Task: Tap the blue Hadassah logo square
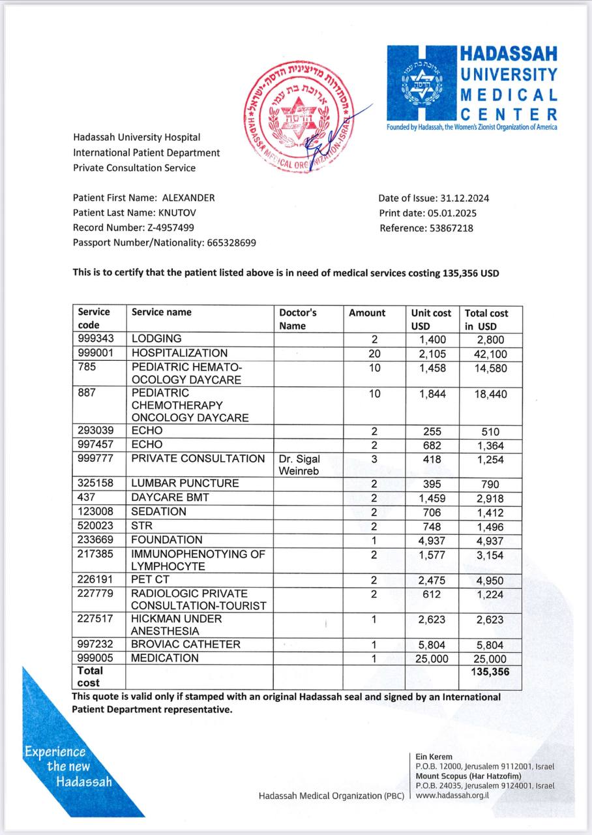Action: (421, 83)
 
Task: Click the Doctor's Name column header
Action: (298, 319)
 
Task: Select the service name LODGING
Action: (156, 339)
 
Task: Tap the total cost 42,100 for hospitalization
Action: (484, 354)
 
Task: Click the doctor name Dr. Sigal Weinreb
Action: (299, 464)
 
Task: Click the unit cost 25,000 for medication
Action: (428, 659)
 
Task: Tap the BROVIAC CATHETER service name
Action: (186, 645)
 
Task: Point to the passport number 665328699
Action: (231, 243)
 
